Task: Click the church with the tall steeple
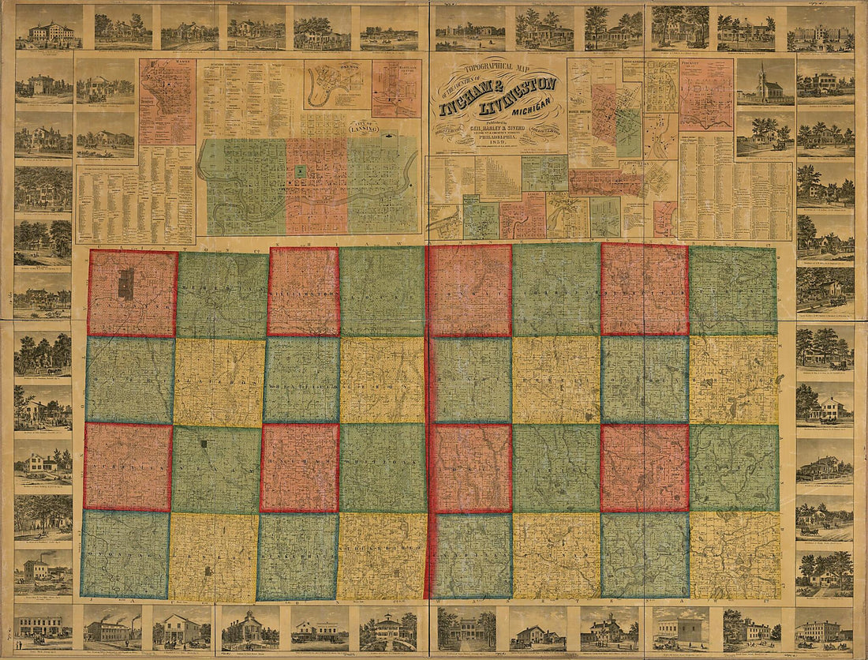(x=765, y=84)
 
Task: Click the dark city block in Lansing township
(x=125, y=283)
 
